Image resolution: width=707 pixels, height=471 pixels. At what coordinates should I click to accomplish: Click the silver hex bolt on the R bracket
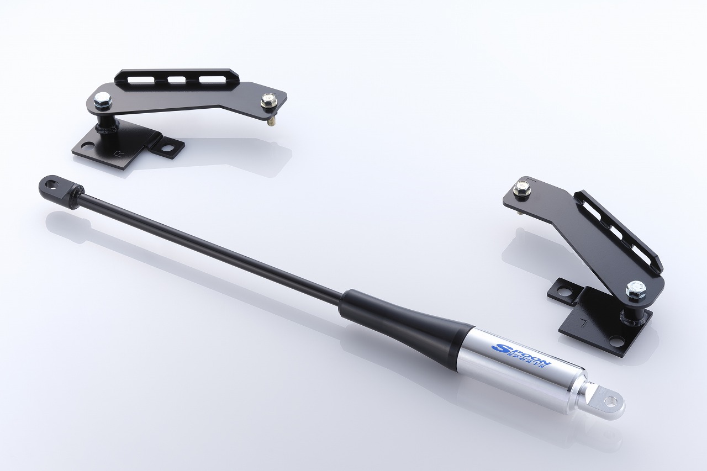click(103, 100)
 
